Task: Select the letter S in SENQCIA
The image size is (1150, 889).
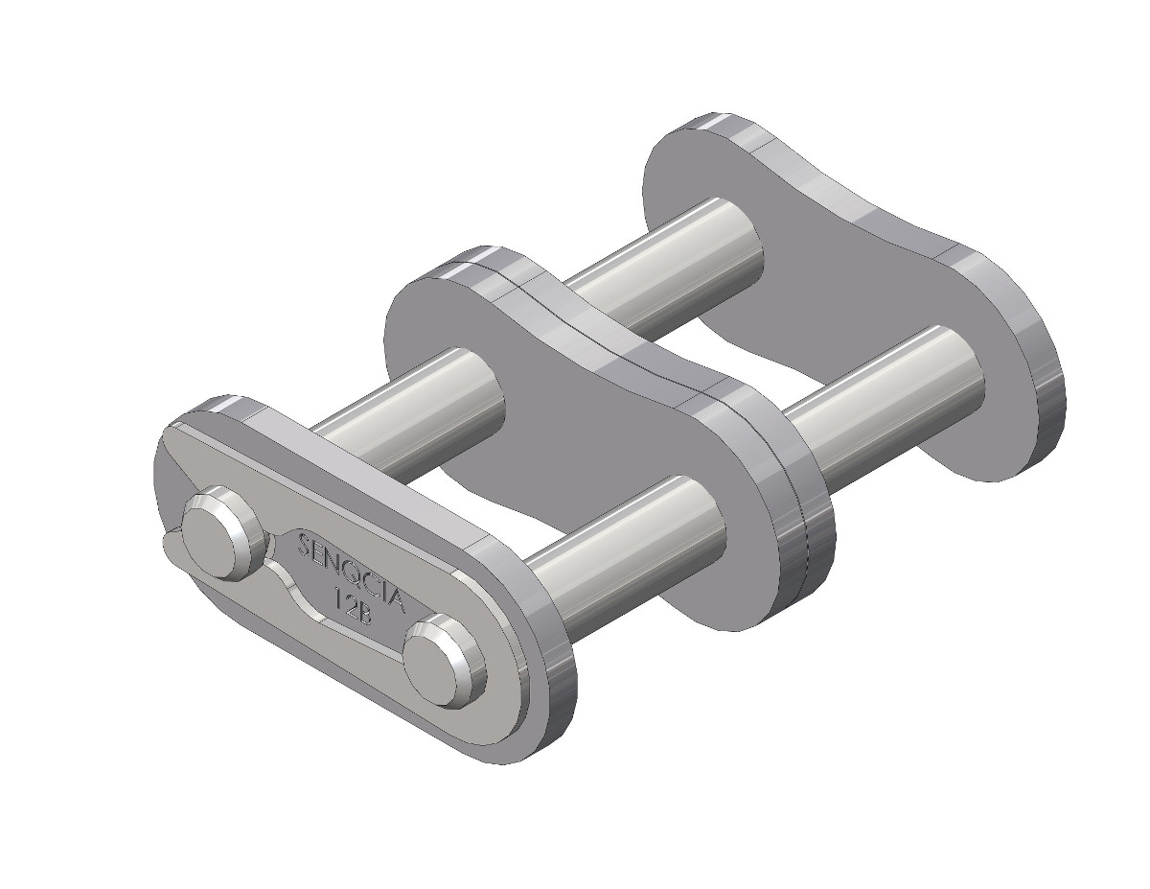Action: pyautogui.click(x=305, y=545)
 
